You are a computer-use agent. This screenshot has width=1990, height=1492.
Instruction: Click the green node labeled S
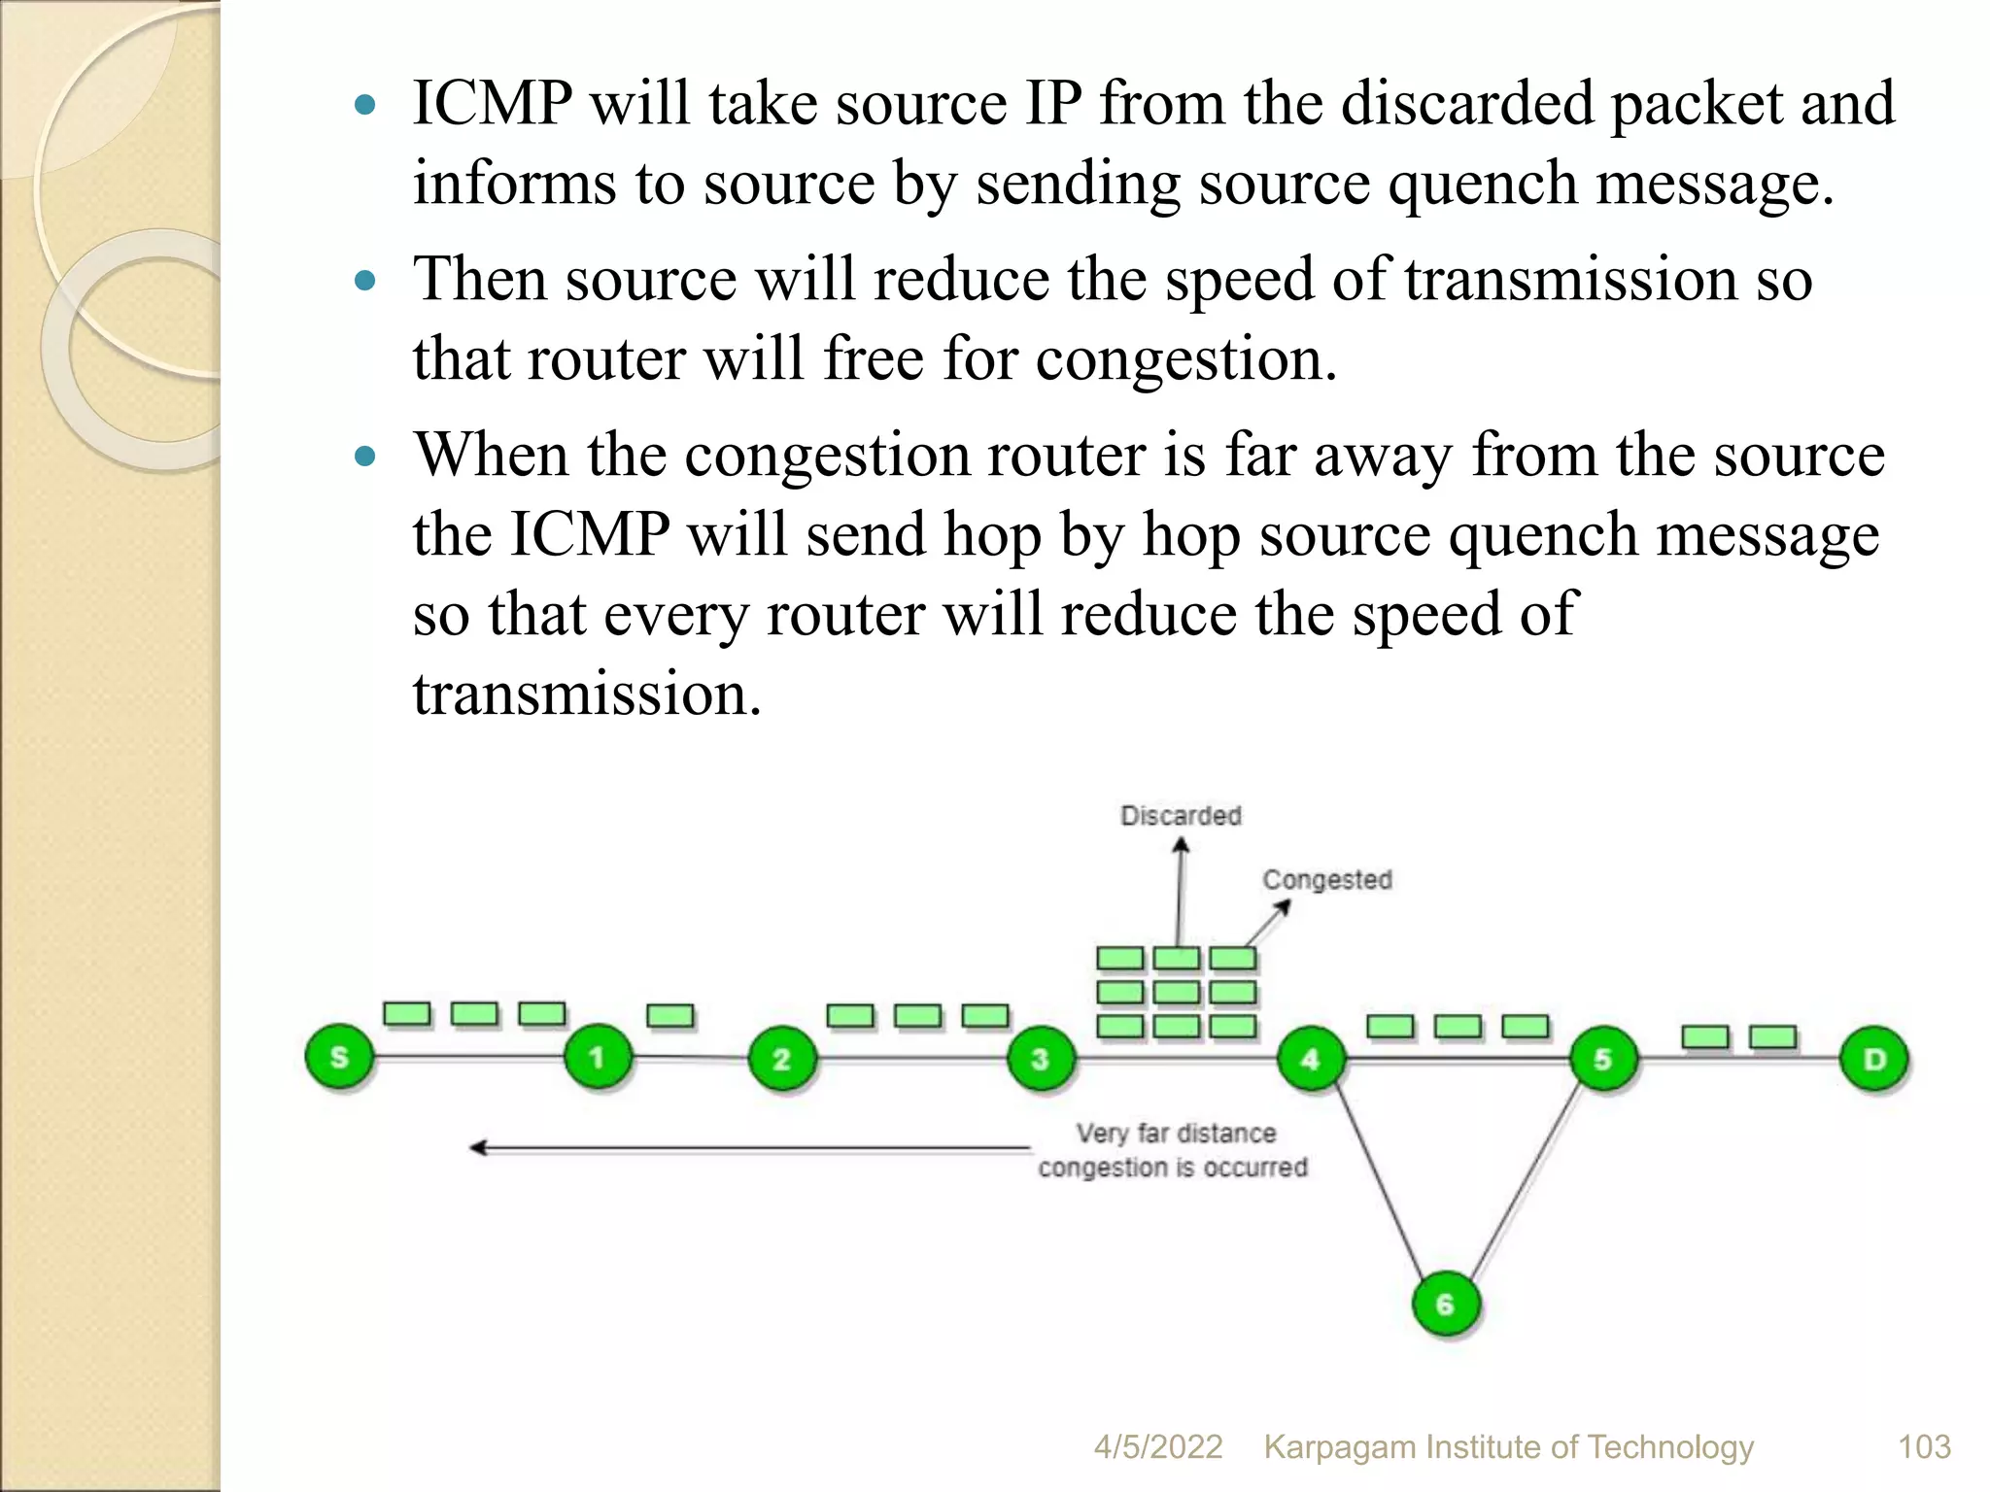tap(338, 1057)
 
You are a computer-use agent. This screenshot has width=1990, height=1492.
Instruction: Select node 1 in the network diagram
tap(597, 1057)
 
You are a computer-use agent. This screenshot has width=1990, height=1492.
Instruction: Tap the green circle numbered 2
tap(781, 1059)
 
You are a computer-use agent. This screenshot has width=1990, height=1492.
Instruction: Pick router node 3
tap(1040, 1059)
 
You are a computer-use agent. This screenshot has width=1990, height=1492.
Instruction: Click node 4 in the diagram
tap(1310, 1059)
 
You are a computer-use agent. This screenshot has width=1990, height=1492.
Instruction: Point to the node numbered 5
tap(1602, 1059)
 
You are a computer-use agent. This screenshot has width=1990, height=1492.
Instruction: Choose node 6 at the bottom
tap(1445, 1304)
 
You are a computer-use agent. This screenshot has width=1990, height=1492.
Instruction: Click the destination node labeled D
tap(1873, 1059)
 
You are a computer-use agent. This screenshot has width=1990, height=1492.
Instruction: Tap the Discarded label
tap(1181, 816)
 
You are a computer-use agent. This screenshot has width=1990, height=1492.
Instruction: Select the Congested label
tap(1326, 880)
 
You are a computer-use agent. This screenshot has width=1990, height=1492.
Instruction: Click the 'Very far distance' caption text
tap(1176, 1134)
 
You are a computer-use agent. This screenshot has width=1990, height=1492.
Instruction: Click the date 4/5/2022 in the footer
tap(1157, 1447)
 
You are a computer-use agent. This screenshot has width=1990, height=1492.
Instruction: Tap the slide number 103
tap(1924, 1447)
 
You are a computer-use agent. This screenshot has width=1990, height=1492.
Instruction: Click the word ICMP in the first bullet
tap(492, 103)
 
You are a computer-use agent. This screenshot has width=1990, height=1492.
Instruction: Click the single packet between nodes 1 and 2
tap(669, 1016)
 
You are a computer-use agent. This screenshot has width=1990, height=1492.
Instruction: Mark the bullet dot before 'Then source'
tap(365, 282)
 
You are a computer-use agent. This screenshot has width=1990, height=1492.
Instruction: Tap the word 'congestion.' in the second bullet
tap(1185, 359)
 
